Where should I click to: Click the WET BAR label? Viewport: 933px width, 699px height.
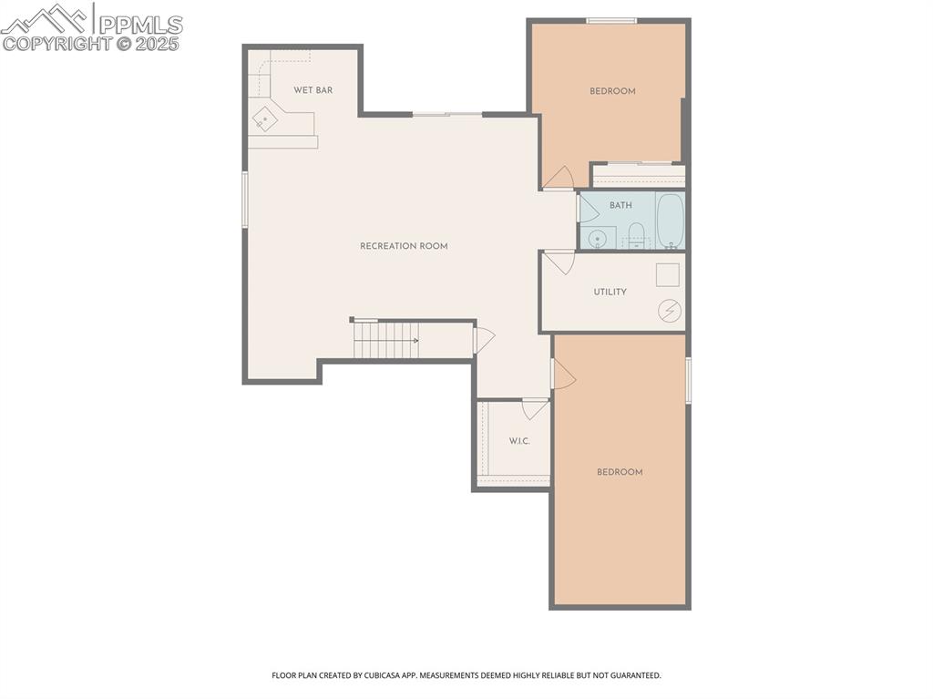(x=313, y=90)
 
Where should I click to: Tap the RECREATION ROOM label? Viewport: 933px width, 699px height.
(x=404, y=246)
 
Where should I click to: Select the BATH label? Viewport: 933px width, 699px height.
(x=620, y=205)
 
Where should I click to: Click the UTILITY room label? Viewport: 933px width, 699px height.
(x=610, y=292)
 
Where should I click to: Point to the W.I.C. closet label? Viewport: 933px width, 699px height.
(x=519, y=441)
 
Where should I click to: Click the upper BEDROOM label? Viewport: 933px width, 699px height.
(x=612, y=91)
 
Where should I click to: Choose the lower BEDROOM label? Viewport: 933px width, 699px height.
(x=620, y=472)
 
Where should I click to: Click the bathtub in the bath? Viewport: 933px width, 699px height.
(x=670, y=220)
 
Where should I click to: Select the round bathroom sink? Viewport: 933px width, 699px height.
(x=598, y=239)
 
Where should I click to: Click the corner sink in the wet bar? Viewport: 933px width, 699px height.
(x=265, y=119)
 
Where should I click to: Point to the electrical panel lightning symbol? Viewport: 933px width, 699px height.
(x=670, y=311)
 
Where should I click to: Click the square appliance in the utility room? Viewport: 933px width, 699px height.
(x=668, y=274)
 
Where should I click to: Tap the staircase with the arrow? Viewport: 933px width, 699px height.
(x=387, y=341)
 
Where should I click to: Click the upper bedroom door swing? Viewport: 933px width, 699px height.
(x=559, y=178)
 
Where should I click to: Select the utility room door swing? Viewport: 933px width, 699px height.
(x=559, y=262)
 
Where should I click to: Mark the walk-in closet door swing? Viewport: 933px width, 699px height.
(x=535, y=408)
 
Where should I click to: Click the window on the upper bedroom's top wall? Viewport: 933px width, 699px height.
(x=611, y=20)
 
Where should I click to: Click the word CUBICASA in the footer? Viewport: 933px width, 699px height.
(x=376, y=675)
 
